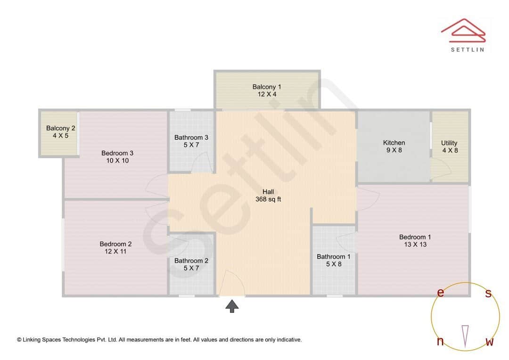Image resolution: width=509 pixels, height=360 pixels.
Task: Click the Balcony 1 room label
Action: [267, 90]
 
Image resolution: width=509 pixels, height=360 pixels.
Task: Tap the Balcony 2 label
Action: [60, 132]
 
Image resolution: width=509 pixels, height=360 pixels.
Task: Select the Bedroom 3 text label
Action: [117, 157]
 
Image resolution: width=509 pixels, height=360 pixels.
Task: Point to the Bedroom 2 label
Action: [115, 248]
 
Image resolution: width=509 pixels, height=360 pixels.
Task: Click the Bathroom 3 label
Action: [191, 141]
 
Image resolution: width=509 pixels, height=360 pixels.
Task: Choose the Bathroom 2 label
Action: [191, 264]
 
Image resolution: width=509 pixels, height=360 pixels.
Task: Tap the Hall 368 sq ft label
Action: [268, 196]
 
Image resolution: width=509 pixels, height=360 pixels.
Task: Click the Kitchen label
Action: [394, 147]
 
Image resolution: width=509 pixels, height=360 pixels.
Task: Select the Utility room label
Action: [449, 147]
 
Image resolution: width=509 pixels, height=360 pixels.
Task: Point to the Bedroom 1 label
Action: [415, 241]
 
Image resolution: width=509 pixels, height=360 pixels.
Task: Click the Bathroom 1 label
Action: [334, 261]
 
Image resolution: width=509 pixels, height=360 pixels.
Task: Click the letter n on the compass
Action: [440, 342]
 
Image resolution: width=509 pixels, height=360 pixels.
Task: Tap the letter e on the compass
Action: [440, 293]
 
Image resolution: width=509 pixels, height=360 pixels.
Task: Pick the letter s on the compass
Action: [488, 294]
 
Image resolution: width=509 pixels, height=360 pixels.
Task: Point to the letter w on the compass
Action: [489, 342]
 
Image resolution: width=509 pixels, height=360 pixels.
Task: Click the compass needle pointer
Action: [465, 335]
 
